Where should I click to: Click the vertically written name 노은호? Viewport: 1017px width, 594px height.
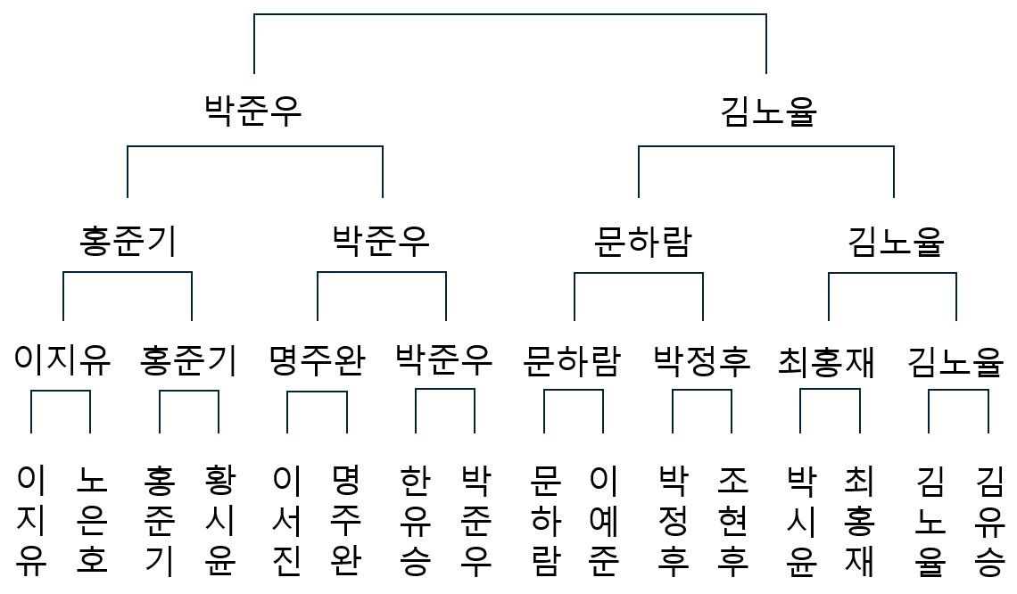[x=92, y=520]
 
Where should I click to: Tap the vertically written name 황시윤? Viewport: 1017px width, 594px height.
[x=219, y=520]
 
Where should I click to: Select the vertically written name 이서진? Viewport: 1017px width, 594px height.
[x=286, y=520]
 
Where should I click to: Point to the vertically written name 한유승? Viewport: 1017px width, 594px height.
[x=415, y=520]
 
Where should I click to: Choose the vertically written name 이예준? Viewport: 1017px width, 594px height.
[x=604, y=520]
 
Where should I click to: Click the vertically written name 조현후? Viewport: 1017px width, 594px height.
[x=733, y=520]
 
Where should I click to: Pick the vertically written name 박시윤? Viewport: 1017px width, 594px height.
[x=801, y=520]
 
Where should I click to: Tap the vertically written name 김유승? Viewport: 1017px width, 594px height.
[x=989, y=520]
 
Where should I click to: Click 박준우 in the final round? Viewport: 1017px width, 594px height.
[x=253, y=110]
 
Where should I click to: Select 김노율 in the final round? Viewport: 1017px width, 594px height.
[x=769, y=111]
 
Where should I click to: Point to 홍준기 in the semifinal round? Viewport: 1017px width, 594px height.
[x=128, y=241]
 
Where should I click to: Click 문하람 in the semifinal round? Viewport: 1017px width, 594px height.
[x=642, y=241]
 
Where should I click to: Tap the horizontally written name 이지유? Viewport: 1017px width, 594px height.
[x=62, y=360]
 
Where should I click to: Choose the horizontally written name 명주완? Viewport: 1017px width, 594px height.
[x=318, y=360]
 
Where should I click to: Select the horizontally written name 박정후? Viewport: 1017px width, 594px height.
[x=702, y=360]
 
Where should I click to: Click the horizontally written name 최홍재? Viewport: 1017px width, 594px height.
[x=826, y=361]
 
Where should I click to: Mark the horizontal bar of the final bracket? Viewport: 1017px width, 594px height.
[x=509, y=14]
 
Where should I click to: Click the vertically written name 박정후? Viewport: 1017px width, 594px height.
[x=674, y=520]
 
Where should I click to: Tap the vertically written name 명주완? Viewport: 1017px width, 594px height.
[x=346, y=520]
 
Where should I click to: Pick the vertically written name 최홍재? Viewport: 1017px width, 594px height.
[x=859, y=520]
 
